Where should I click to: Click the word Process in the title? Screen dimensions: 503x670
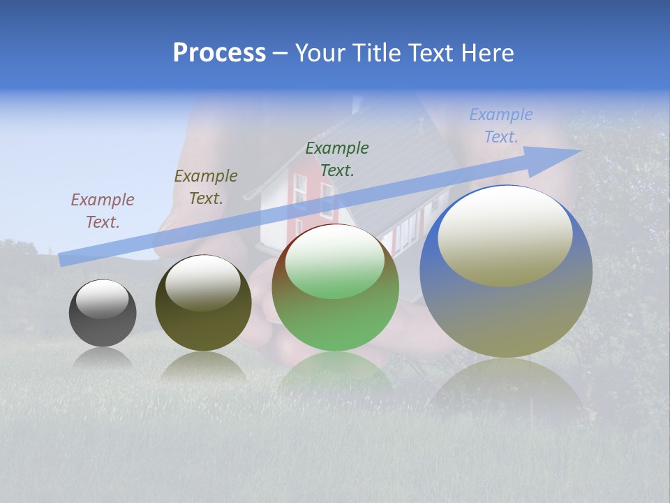point(219,53)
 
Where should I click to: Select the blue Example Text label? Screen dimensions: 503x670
point(501,126)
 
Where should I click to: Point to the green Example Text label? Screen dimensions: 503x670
point(337,159)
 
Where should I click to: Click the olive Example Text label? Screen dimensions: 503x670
point(206,187)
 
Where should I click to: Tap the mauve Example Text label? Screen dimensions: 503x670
point(103,211)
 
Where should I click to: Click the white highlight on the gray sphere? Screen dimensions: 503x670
point(103,299)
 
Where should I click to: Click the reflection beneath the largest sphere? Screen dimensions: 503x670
point(506,388)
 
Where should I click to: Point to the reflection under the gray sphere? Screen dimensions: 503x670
point(103,358)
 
